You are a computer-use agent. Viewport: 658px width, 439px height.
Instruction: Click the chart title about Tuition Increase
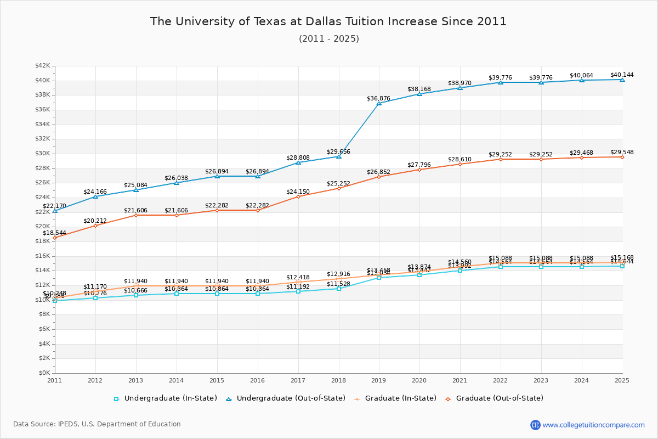click(x=328, y=22)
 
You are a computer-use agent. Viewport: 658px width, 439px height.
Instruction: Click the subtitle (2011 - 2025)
click(x=328, y=39)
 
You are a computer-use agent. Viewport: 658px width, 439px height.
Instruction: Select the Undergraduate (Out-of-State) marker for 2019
click(x=379, y=103)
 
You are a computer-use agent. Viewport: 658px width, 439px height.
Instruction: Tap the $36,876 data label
click(x=378, y=98)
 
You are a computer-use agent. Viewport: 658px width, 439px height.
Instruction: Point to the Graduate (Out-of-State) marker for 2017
click(x=298, y=196)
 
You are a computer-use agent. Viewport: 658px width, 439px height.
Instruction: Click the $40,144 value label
click(x=622, y=75)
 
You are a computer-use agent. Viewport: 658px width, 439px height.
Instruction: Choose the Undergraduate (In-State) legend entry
click(x=165, y=398)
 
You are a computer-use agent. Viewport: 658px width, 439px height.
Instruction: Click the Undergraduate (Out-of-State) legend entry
click(x=286, y=398)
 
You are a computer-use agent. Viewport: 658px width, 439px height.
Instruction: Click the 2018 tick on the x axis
click(x=338, y=380)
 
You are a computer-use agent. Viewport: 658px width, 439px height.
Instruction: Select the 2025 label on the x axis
click(x=622, y=380)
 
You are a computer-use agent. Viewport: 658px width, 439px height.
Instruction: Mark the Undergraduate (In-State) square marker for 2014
click(x=177, y=294)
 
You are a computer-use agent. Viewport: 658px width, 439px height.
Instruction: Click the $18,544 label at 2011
click(x=54, y=233)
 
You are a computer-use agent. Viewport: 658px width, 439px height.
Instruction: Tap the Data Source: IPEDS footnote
click(x=97, y=424)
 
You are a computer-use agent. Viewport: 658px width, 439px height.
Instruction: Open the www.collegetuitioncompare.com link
click(x=593, y=425)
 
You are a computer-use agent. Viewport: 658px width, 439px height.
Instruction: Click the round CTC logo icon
click(x=535, y=425)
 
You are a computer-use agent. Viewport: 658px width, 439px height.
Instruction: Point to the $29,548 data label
click(x=622, y=152)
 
